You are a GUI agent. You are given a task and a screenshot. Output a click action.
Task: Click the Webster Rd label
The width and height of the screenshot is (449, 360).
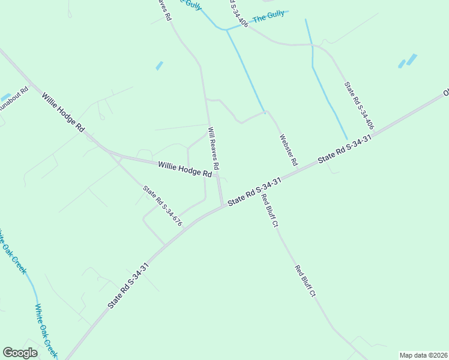(288, 150)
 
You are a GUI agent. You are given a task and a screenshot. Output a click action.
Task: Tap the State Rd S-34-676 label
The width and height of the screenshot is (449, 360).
(162, 206)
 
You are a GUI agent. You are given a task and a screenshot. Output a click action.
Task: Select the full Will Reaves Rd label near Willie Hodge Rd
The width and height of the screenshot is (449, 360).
(213, 148)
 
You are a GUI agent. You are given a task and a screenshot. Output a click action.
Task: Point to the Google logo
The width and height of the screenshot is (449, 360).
(20, 353)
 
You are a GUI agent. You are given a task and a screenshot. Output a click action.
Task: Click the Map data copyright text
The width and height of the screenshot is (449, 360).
(423, 355)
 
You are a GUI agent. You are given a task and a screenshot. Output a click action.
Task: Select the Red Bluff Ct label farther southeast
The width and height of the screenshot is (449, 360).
(305, 281)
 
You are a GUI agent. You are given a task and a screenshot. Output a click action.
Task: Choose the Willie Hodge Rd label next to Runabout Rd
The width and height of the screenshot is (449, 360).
(62, 112)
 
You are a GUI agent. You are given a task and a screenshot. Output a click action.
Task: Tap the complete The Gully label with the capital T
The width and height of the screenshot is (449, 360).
(268, 18)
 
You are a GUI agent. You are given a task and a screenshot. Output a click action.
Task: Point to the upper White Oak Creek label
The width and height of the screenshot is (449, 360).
(13, 251)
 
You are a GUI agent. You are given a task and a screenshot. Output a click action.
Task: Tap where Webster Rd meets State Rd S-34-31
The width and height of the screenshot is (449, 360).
(298, 170)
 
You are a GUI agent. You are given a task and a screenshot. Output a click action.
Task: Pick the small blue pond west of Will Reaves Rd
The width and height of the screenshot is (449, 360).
(159, 65)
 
